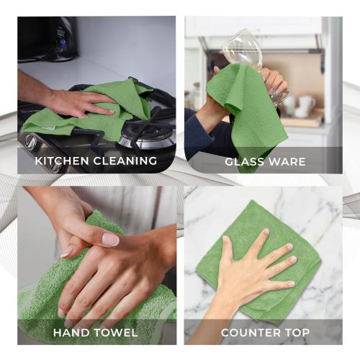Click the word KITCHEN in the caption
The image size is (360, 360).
click(60, 161)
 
